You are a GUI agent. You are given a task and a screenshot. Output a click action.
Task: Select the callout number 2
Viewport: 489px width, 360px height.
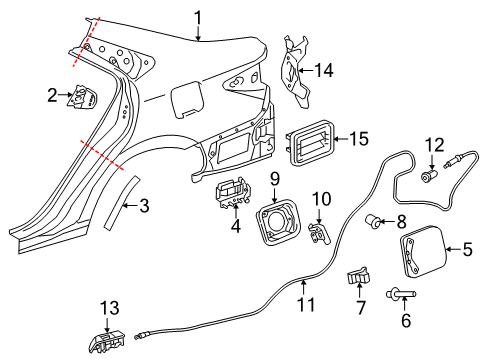coord(51,96)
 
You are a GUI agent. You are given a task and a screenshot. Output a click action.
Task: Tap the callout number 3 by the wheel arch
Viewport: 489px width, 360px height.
coord(144,206)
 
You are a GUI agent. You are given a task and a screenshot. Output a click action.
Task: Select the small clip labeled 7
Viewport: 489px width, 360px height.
coord(360,277)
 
